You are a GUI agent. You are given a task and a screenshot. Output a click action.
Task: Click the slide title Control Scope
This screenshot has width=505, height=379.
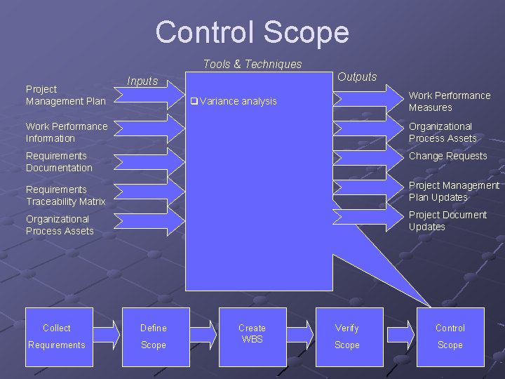[252, 32]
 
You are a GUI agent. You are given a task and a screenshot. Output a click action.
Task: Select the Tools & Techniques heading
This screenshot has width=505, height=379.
[252, 65]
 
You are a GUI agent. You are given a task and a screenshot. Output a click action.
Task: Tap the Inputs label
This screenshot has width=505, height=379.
[142, 81]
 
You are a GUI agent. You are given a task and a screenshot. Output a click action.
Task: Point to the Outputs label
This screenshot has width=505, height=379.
[357, 77]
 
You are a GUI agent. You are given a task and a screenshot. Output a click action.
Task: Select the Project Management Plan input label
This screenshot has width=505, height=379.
[65, 95]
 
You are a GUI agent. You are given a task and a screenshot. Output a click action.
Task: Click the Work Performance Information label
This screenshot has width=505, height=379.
[67, 133]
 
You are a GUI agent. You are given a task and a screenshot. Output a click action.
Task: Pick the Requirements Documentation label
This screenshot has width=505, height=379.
[59, 162]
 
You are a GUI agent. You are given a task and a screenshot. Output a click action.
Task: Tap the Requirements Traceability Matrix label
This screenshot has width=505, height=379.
[65, 196]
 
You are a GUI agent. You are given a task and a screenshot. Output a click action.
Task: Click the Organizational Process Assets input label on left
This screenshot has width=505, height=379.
[60, 225]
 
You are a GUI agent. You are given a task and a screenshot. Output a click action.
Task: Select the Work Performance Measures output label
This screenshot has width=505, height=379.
[450, 102]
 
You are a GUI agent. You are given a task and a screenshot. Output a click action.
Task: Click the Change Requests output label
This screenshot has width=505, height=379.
[447, 157]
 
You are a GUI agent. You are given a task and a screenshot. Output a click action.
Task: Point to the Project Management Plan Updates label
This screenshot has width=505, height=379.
[454, 192]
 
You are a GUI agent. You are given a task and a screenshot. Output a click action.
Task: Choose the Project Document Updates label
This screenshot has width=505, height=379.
[447, 221]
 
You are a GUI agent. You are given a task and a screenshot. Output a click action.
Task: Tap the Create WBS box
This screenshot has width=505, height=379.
[252, 337]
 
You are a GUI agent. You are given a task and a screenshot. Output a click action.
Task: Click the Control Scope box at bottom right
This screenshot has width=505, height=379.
[450, 337]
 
